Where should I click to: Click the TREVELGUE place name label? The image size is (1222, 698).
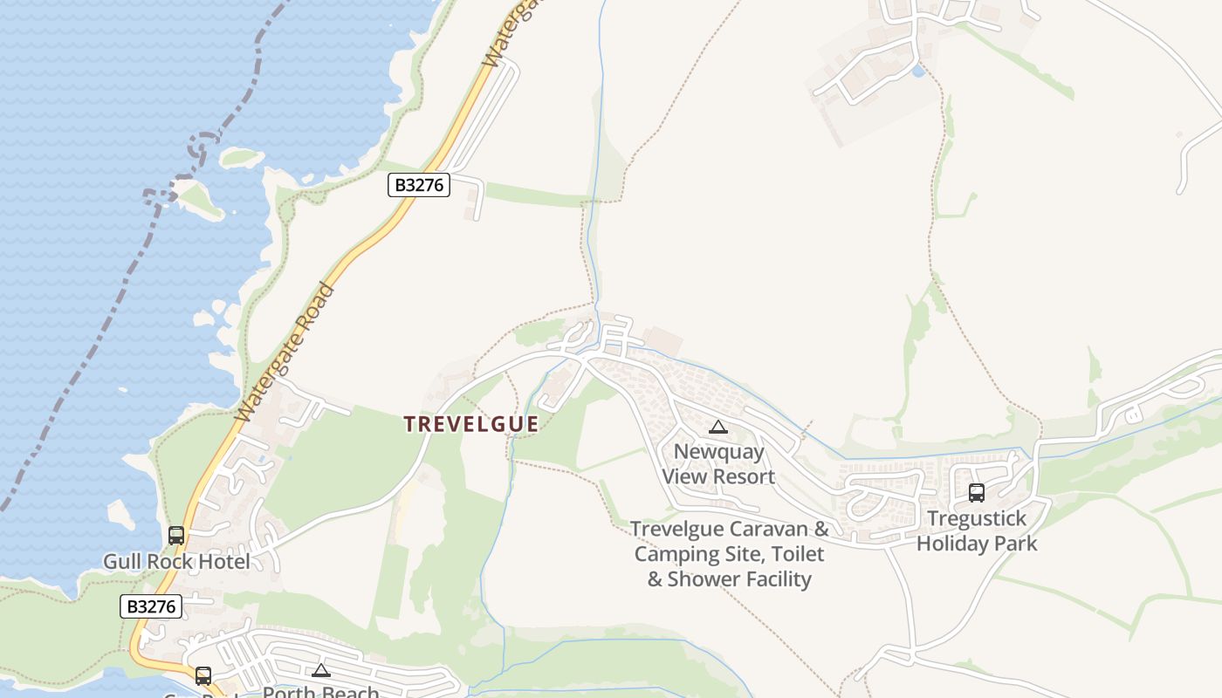click(470, 424)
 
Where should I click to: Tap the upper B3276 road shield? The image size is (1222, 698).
click(419, 185)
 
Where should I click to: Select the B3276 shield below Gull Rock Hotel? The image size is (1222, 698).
click(151, 606)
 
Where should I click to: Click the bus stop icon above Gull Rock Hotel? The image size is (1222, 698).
click(176, 536)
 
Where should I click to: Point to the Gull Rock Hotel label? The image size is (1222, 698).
click(176, 561)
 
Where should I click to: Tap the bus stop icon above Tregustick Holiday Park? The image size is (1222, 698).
click(977, 493)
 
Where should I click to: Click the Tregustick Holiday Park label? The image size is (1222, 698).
click(977, 530)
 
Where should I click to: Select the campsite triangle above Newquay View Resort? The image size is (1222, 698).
click(718, 427)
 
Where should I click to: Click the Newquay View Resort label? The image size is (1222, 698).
click(718, 464)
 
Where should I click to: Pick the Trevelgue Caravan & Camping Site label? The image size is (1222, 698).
click(730, 554)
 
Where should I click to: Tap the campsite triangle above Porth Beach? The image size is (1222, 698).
click(321, 670)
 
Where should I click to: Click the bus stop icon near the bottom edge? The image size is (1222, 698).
click(203, 675)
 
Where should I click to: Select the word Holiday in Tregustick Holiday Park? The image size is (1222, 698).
click(954, 544)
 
